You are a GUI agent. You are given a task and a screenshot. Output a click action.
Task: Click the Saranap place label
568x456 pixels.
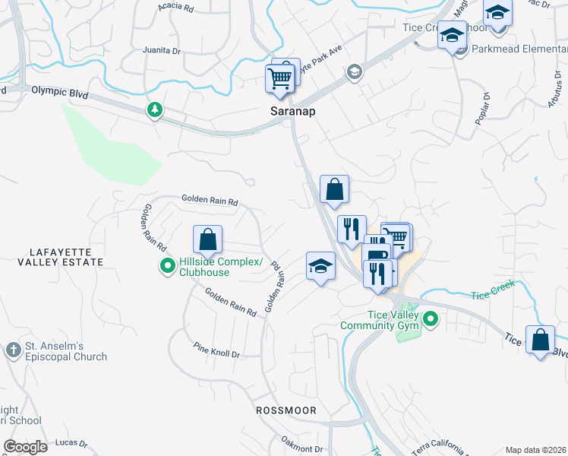pyautogui.click(x=292, y=111)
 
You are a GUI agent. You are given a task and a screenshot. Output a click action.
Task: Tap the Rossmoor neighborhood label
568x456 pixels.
pyautogui.click(x=286, y=410)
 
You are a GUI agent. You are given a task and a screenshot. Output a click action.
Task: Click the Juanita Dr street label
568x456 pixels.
pyautogui.click(x=161, y=51)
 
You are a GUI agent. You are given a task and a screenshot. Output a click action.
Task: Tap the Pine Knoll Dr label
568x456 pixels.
pyautogui.click(x=216, y=354)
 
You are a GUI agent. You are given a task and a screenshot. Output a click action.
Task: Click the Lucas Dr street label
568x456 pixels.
pyautogui.click(x=71, y=442)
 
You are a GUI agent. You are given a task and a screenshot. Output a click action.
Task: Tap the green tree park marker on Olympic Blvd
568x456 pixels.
pyautogui.click(x=155, y=110)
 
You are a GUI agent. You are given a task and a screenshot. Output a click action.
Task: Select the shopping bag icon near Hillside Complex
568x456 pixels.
pyautogui.click(x=207, y=241)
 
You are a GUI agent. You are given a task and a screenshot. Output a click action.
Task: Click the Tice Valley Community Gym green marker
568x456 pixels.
pyautogui.click(x=431, y=319)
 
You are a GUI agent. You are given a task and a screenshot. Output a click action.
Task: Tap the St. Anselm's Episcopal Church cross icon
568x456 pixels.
pyautogui.click(x=13, y=350)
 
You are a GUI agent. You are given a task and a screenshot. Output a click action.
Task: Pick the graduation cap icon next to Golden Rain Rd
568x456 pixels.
pyautogui.click(x=320, y=267)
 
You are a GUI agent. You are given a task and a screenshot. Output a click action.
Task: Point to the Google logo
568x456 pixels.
pyautogui.click(x=25, y=447)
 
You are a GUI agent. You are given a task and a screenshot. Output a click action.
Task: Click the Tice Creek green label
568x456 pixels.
pyautogui.click(x=492, y=289)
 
